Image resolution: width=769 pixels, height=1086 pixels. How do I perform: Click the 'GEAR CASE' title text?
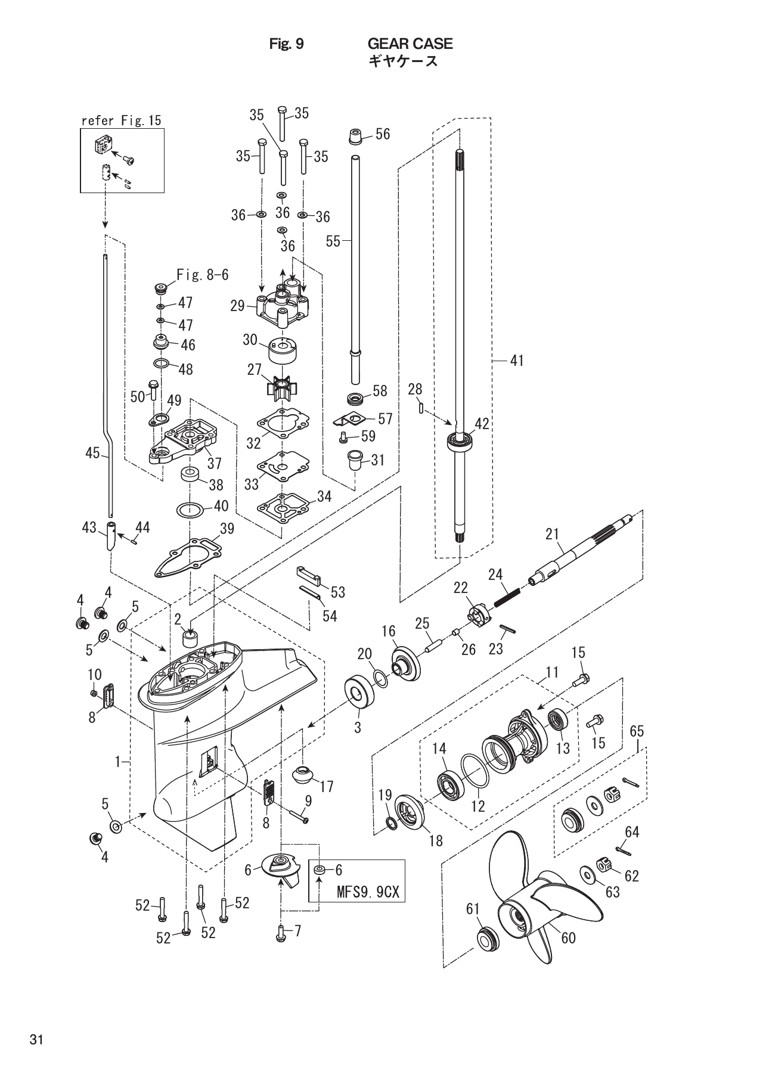click(410, 44)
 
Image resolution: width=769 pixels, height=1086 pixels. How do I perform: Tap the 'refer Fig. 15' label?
click(122, 120)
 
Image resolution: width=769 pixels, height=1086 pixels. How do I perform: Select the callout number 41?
click(517, 360)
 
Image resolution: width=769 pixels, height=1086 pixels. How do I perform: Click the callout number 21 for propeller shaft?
click(551, 533)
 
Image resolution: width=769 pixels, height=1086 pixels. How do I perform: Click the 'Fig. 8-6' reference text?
click(202, 275)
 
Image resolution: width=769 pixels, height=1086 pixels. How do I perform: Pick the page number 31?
click(36, 1040)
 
